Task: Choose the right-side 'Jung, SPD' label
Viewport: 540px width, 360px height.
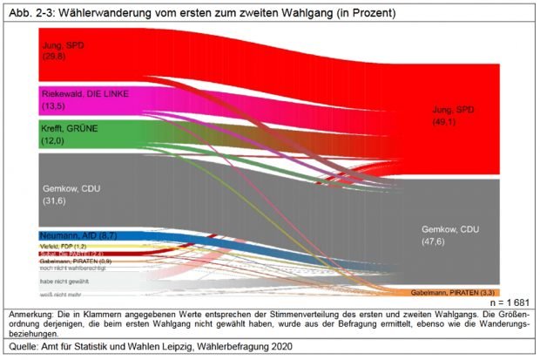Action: (x=454, y=110)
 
